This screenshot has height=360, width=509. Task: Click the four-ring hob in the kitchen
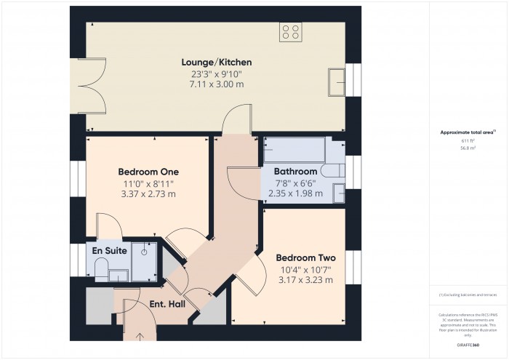292,31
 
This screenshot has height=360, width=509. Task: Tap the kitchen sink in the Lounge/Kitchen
337,81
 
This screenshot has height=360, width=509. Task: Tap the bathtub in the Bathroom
294,151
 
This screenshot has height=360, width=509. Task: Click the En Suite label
110,251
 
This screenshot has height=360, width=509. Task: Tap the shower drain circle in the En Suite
145,251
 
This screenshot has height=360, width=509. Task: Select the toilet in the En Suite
99,272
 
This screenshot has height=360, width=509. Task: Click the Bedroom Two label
305,257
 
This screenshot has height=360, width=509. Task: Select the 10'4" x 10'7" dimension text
305,269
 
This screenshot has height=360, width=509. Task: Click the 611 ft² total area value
468,140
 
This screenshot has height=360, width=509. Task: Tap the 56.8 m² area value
468,148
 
